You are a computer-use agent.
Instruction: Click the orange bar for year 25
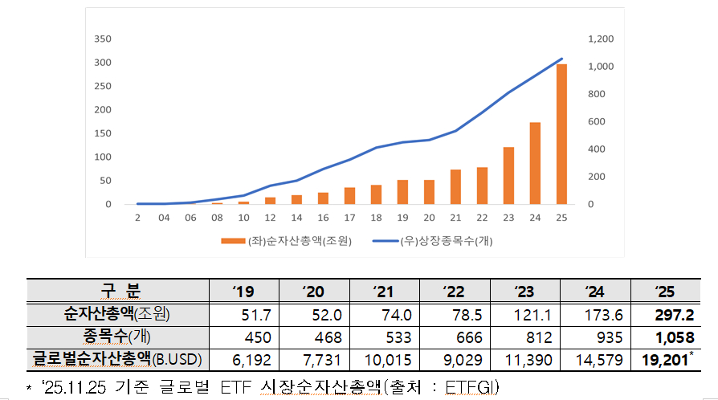(561, 134)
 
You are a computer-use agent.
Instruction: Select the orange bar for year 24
(535, 164)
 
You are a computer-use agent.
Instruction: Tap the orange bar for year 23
(508, 176)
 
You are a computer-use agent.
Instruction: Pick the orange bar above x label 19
(402, 192)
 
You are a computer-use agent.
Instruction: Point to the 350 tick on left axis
(102, 39)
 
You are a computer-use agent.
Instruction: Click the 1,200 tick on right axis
(601, 39)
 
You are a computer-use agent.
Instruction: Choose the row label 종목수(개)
(118, 337)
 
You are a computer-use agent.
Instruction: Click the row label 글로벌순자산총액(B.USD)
(118, 358)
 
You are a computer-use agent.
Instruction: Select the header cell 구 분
(118, 291)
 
